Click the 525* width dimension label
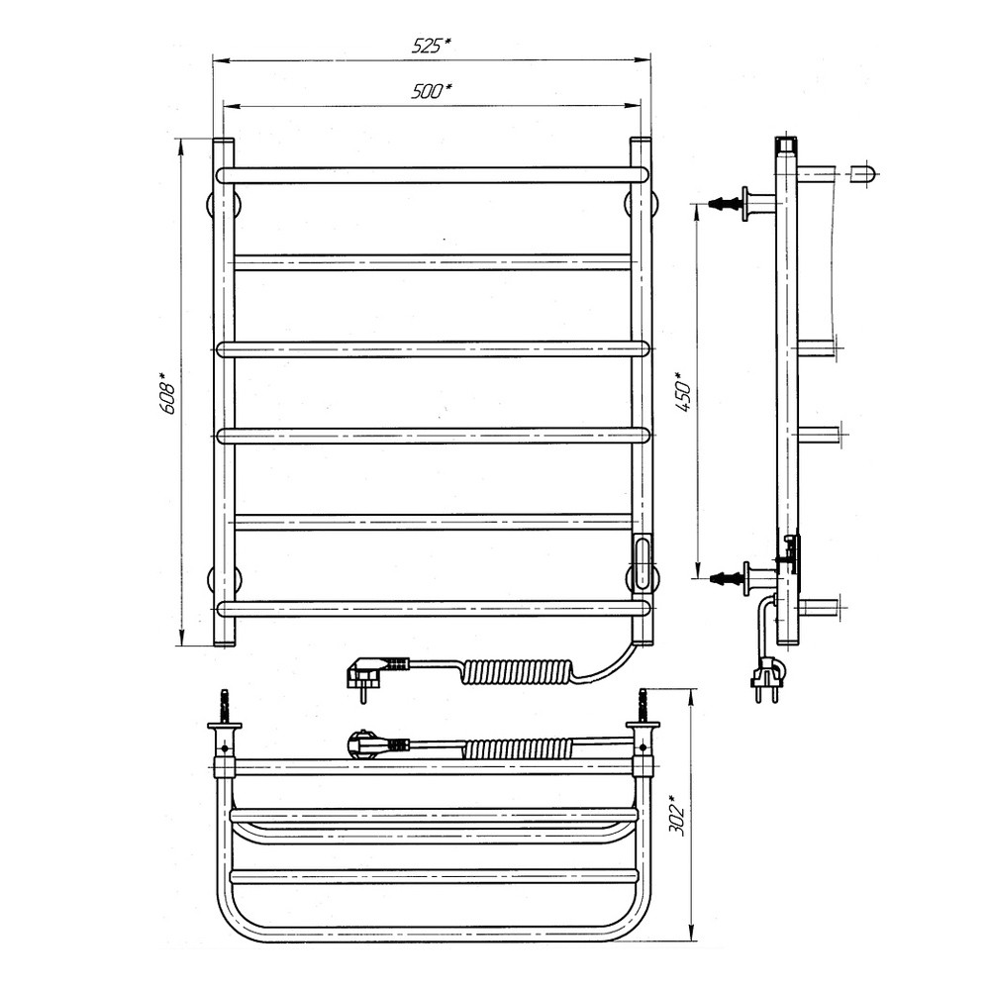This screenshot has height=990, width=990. [x=432, y=46]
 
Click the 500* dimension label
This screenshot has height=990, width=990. [x=432, y=91]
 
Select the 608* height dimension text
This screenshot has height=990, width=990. [x=168, y=393]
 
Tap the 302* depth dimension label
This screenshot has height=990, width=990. [x=680, y=819]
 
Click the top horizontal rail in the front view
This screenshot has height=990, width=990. [x=432, y=175]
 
